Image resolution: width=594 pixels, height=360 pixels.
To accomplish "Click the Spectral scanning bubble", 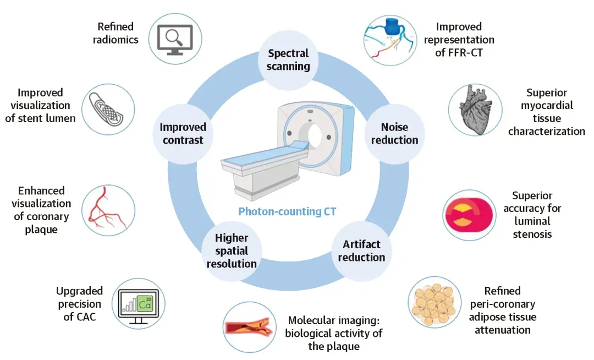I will click(x=289, y=60).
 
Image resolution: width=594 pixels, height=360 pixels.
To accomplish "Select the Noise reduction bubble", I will click(x=394, y=134).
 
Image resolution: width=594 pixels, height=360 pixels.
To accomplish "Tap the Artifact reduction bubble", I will click(x=361, y=250).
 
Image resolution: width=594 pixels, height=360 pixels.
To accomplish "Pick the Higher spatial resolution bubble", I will click(x=231, y=250).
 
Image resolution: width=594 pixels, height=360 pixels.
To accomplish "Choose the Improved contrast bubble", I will click(x=183, y=134).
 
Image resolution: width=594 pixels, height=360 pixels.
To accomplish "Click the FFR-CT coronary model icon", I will click(x=389, y=37).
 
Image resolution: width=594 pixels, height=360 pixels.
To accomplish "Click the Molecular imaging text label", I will click(x=333, y=333).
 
